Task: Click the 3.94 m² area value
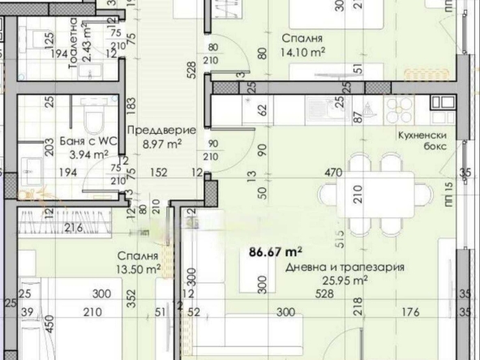pyautogui.click(x=90, y=153)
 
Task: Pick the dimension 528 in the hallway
pyautogui.click(x=192, y=71)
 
